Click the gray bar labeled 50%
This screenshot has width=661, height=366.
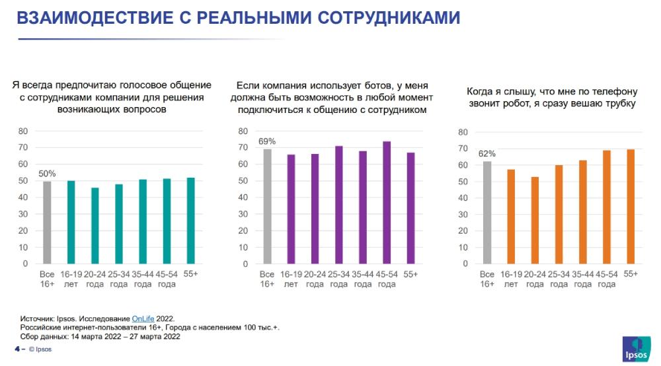pos(47,222)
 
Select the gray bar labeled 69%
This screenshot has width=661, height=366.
pos(267,206)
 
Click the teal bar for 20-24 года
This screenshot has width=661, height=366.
pos(95,225)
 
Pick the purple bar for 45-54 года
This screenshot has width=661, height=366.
pos(386,202)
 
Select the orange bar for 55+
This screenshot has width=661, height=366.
pos(631,207)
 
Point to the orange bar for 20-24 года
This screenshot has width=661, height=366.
pos(535,220)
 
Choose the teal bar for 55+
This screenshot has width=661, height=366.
pos(191,221)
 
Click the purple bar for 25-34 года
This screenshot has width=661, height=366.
pos(338,205)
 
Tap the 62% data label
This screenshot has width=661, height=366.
pos(488,154)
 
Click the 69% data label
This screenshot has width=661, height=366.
pos(267,141)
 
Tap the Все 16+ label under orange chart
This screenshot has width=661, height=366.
pos(487,279)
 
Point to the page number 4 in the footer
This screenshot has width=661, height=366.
pos(16,349)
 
